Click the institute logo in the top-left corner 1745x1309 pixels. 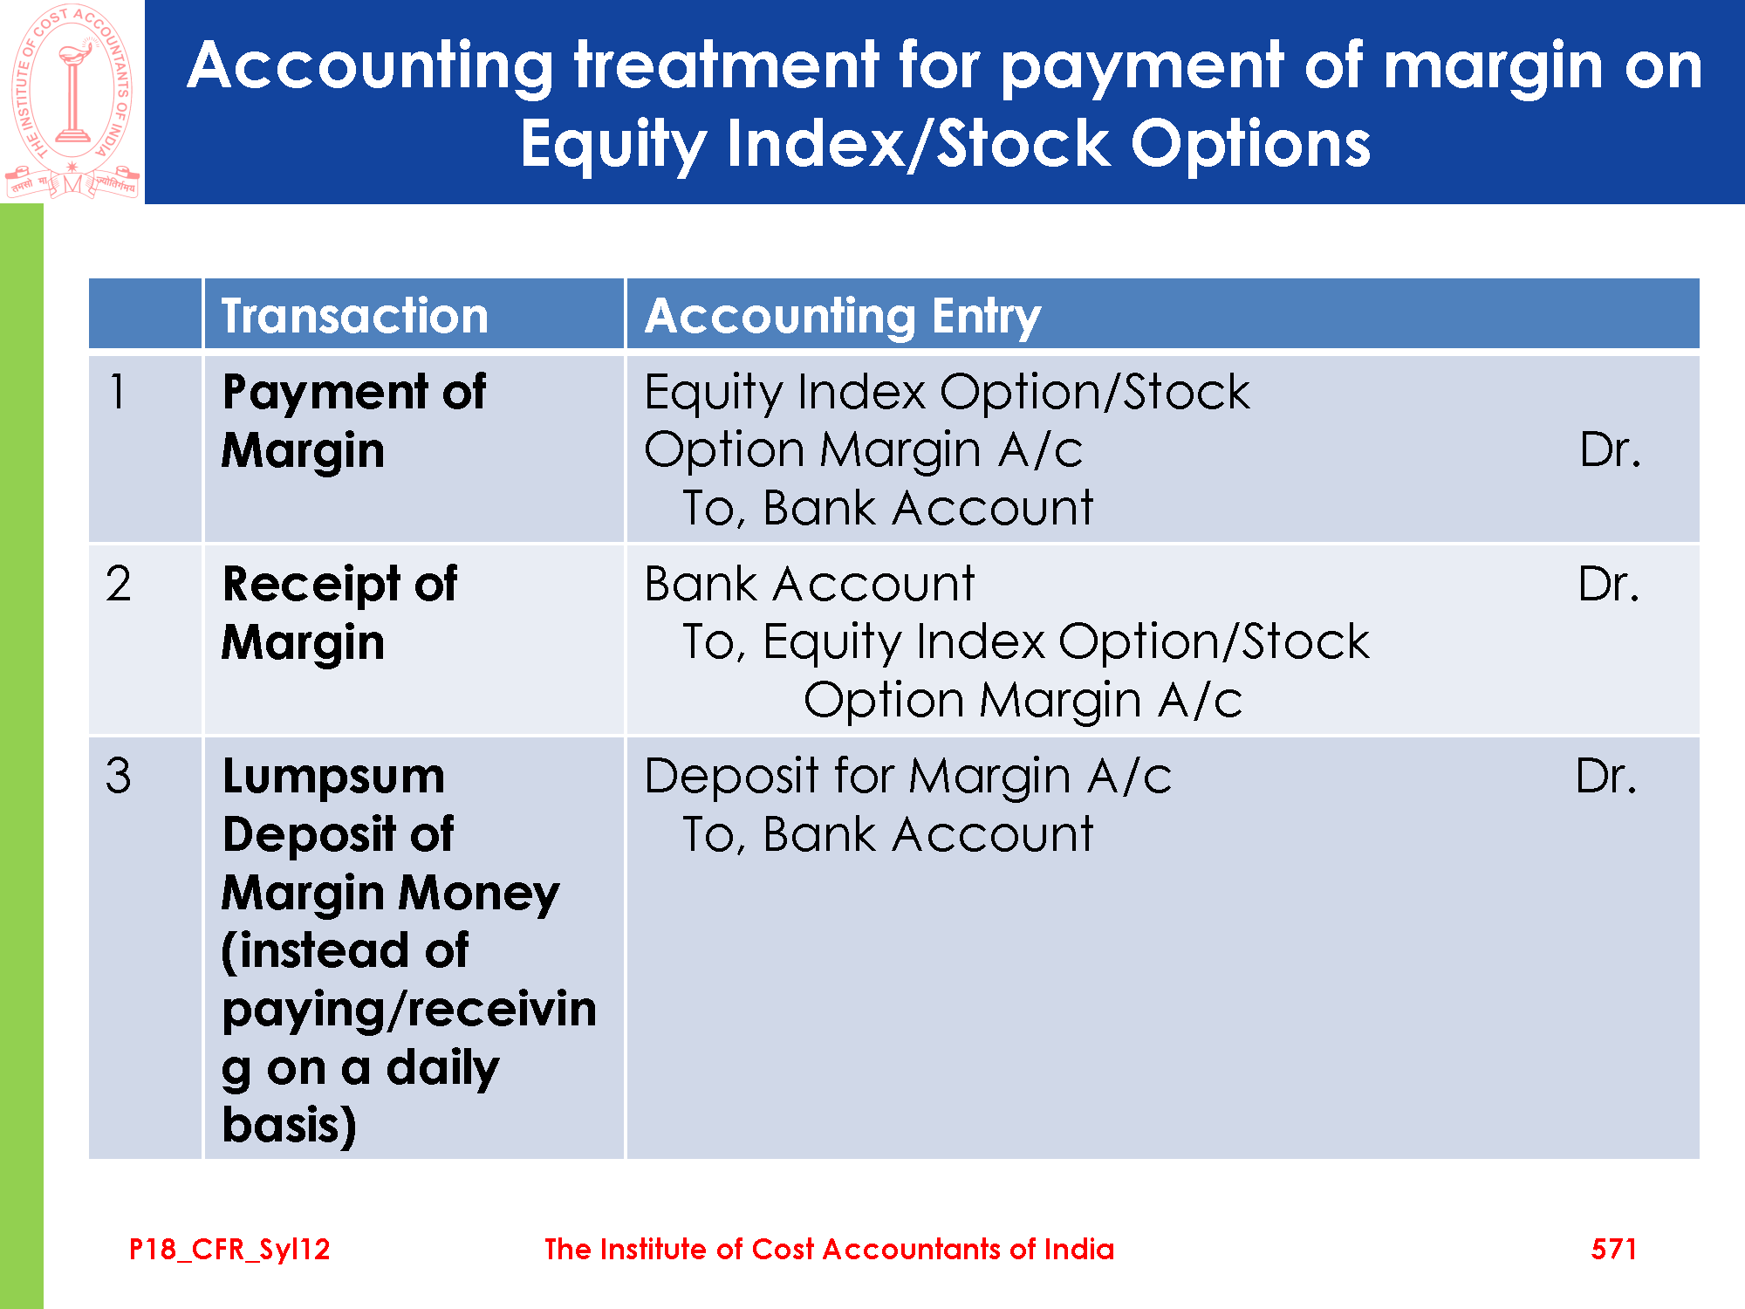tap(72, 101)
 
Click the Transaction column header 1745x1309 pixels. tap(354, 315)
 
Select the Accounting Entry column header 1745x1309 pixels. tap(842, 316)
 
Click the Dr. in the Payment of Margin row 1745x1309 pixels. tap(1610, 449)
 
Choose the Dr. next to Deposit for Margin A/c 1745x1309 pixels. tap(1606, 775)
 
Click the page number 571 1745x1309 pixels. tap(1613, 1249)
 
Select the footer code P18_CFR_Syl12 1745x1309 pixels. tap(229, 1250)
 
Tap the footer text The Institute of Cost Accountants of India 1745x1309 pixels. tap(829, 1249)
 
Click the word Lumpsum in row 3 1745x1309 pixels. tap(333, 777)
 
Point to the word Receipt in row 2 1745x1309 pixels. tap(311, 585)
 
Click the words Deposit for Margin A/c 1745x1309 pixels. tap(907, 776)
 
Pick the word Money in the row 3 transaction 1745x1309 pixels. tap(479, 894)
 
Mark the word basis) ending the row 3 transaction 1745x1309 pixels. tap(290, 1126)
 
